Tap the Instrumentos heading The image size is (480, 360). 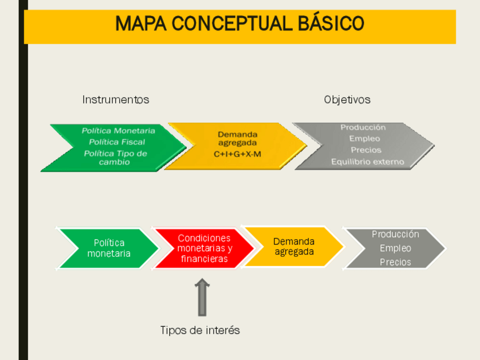coord(115,100)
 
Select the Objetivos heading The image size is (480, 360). coord(347,100)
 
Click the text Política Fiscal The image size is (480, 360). coord(117,142)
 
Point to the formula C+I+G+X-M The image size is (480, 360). coord(237,154)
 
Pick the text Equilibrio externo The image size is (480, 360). coord(367,162)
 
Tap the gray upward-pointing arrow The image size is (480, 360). coord(202,298)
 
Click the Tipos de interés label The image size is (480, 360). coord(200,330)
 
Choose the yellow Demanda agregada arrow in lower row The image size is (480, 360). coord(294,247)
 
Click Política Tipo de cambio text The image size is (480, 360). coord(115,158)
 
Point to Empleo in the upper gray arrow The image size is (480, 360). coord(365,139)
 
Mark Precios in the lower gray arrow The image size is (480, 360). coord(395,263)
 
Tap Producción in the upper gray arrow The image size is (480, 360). coord(363,127)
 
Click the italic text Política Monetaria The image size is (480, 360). coord(118,131)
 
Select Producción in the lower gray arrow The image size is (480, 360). coord(395,234)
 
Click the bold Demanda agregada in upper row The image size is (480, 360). coord(237,139)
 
